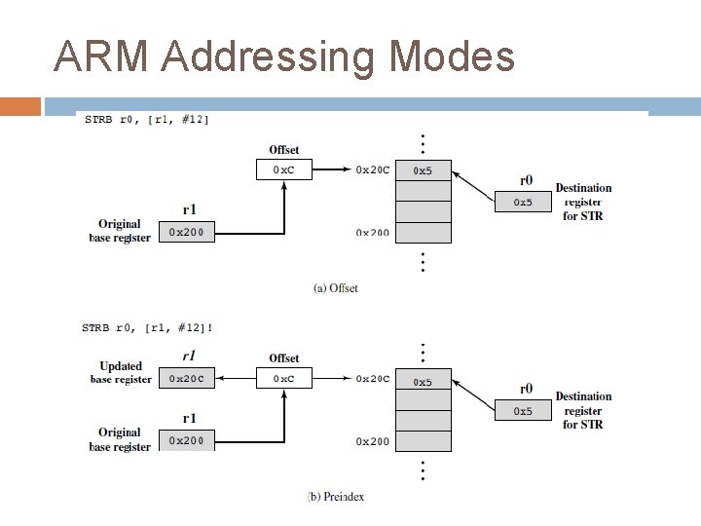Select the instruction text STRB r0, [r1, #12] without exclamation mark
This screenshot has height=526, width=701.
pos(146,119)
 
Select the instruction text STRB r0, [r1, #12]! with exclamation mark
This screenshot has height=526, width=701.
pos(147,327)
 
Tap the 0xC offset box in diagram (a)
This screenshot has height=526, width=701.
pos(284,169)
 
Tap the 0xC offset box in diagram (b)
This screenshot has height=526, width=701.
pos(284,378)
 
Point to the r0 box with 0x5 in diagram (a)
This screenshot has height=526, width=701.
pos(523,202)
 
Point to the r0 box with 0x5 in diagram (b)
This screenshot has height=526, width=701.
pos(523,411)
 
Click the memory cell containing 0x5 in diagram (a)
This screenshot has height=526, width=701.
pos(424,170)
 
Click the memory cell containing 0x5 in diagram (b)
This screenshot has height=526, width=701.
pos(424,381)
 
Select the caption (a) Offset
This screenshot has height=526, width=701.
pos(336,287)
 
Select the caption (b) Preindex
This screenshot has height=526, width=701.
pos(336,496)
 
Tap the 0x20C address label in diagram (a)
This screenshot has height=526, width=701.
pos(372,169)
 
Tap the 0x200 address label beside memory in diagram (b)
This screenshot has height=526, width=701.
pos(372,441)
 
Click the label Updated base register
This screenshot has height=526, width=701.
pos(121,373)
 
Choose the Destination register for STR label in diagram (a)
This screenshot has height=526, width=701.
pos(583,202)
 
